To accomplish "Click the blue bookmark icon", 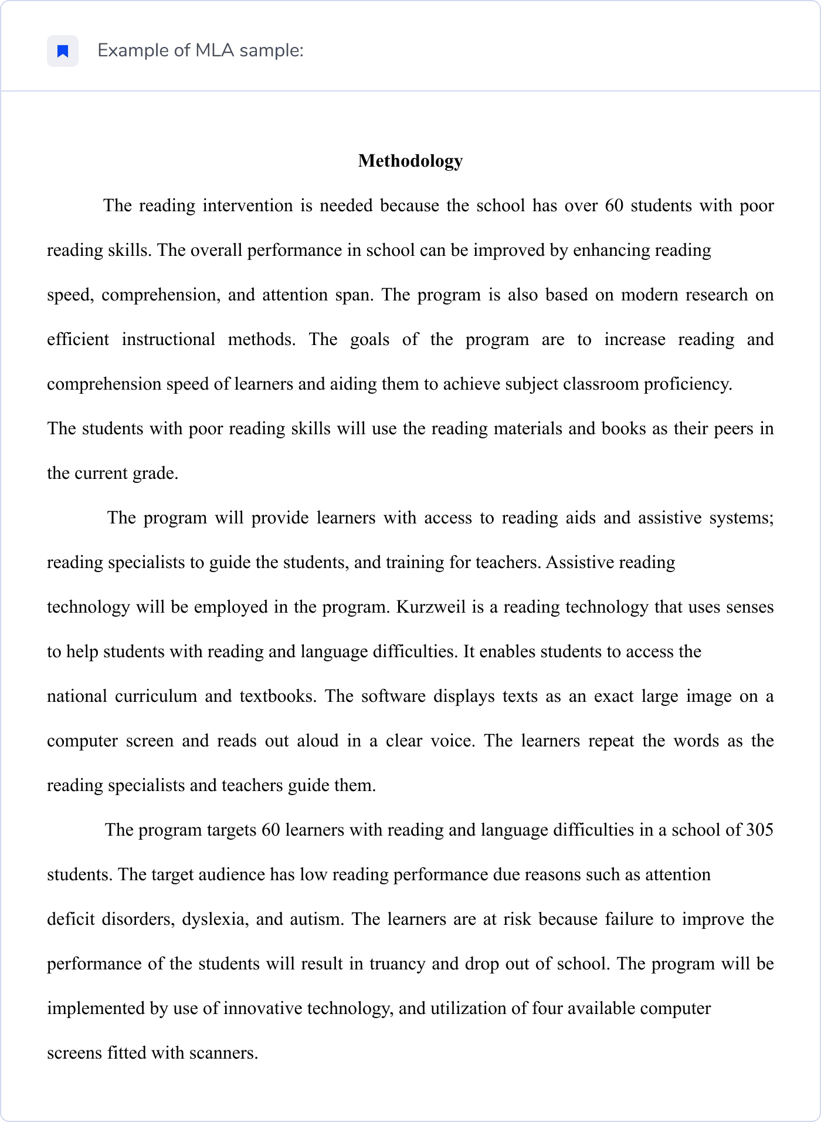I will point(63,52).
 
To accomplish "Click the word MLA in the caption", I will point(215,51).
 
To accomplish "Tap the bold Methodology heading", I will point(410,161).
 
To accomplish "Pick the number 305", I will point(759,830).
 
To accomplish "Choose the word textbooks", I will point(278,697).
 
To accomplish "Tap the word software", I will point(393,697).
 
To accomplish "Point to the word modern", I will point(647,295).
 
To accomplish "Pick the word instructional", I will point(168,340).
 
